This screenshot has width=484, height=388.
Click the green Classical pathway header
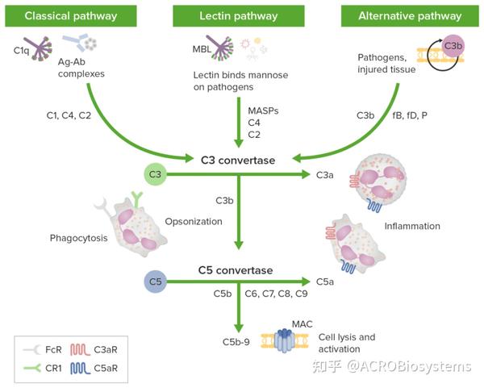tap(71, 16)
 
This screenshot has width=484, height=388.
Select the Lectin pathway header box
tap(239, 16)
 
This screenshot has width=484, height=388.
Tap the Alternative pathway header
tap(410, 16)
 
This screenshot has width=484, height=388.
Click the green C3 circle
tap(155, 174)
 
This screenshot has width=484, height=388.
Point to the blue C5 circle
tap(155, 282)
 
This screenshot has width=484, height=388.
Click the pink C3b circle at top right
tap(453, 46)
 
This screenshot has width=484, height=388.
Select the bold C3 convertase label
tap(238, 161)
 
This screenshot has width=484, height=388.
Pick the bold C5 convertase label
tap(236, 270)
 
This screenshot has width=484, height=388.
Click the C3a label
tap(325, 175)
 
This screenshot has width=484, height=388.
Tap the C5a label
tap(325, 282)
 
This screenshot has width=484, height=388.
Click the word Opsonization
tap(194, 222)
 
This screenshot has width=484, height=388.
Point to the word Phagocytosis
tap(79, 238)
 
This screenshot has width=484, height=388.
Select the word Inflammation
tap(412, 226)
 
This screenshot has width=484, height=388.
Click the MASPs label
tap(263, 111)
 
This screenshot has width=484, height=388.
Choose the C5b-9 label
tap(236, 342)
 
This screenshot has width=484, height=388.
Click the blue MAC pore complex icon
tap(284, 340)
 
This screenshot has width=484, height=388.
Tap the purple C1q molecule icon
tap(39, 48)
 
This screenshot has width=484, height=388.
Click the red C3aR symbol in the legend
tap(80, 350)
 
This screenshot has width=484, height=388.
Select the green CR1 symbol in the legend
tap(32, 368)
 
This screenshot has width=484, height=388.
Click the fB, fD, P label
tap(410, 115)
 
